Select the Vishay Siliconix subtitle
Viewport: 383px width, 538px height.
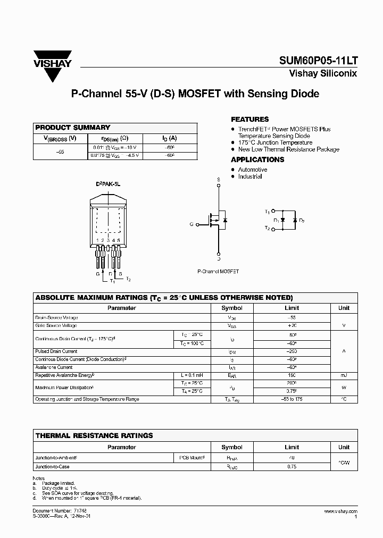click(x=322, y=74)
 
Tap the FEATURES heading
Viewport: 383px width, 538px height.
click(x=249, y=120)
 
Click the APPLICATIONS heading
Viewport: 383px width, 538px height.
click(x=257, y=159)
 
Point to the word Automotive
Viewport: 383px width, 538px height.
click(x=253, y=170)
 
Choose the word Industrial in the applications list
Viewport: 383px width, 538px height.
click(x=250, y=176)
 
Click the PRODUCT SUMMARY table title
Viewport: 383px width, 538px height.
click(x=72, y=128)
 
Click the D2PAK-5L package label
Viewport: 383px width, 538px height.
click(x=109, y=183)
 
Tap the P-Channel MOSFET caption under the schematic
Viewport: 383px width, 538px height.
click(x=218, y=271)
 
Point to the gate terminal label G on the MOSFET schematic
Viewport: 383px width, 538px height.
click(x=191, y=225)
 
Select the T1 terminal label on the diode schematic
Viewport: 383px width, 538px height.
click(x=267, y=212)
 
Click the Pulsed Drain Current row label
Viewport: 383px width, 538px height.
click(x=56, y=351)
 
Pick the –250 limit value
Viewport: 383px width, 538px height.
click(x=292, y=351)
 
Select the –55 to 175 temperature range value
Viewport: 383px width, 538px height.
click(x=292, y=399)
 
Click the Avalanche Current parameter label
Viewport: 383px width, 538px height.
click(x=54, y=367)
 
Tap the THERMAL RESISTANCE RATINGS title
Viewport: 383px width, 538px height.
click(x=94, y=435)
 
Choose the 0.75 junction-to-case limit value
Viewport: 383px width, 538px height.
click(x=292, y=467)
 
